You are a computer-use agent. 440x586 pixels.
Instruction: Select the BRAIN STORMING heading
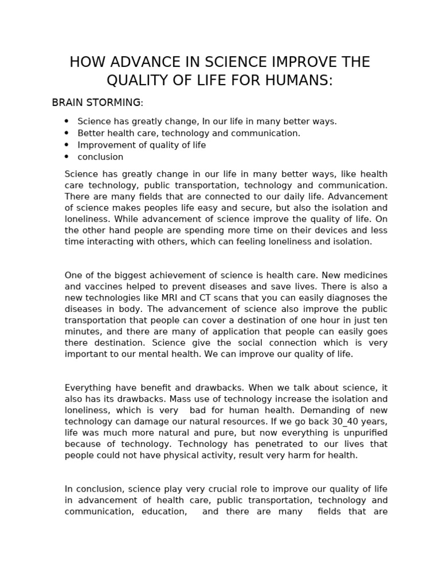coord(96,103)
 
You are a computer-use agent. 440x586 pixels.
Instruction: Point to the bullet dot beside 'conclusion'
coord(66,157)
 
